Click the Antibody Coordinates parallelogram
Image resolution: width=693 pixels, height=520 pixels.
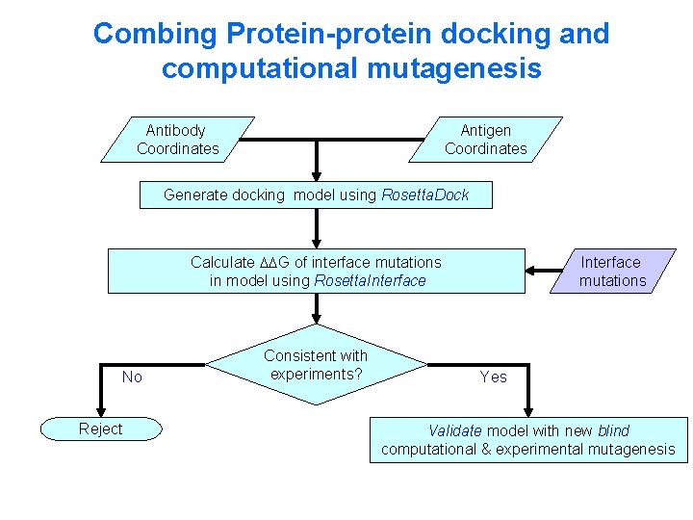(x=178, y=140)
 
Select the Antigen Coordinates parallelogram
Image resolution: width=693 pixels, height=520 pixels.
(x=486, y=140)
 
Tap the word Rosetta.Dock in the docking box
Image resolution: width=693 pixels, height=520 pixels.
(x=425, y=195)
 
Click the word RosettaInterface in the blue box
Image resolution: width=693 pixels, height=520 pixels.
(x=370, y=280)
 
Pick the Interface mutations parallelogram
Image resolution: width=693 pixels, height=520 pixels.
(x=611, y=272)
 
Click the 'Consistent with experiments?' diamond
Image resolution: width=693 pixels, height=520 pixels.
(x=316, y=365)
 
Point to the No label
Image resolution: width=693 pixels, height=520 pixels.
(x=132, y=377)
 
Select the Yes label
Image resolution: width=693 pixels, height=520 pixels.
(x=493, y=377)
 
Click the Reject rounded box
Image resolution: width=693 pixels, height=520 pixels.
(x=101, y=429)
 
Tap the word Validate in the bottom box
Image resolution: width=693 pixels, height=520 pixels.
(x=455, y=430)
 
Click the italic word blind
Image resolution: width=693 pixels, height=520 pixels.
(x=613, y=430)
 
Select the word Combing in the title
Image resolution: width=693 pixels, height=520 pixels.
(x=156, y=34)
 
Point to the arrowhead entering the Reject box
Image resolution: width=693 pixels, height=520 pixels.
(x=101, y=412)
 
